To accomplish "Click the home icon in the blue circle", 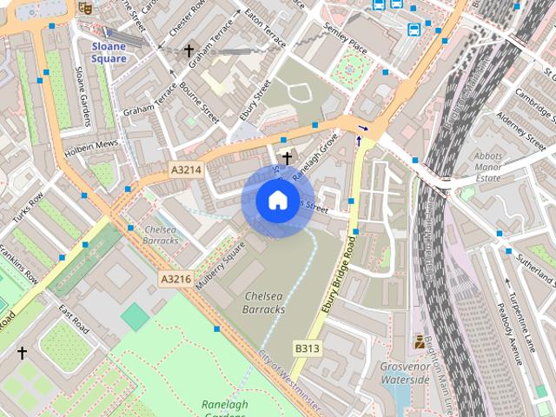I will point(276,201).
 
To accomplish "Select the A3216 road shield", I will point(175,279).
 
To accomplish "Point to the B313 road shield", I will point(308,348).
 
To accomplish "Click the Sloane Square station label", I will point(108,52).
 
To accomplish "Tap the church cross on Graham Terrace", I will point(189,51).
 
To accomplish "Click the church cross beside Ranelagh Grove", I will point(286,157).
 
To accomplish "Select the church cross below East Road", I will point(22,353).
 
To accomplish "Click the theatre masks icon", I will point(85,8).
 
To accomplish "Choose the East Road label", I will point(74,319).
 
